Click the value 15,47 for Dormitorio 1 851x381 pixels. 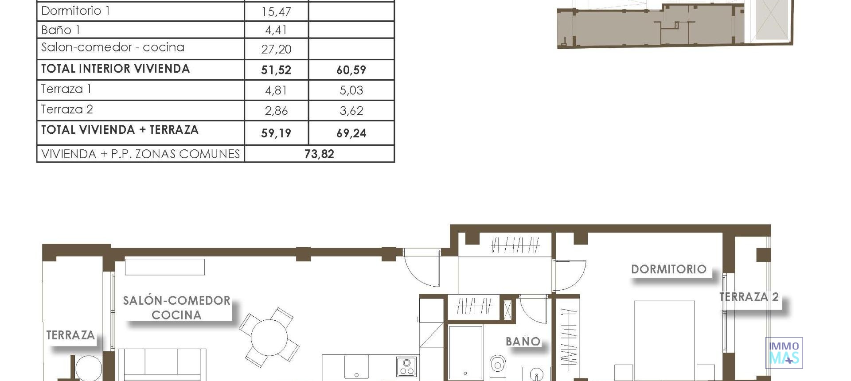click(276, 12)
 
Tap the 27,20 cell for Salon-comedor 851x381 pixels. click(276, 49)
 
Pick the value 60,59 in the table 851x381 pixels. click(351, 70)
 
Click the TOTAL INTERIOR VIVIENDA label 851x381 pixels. click(115, 69)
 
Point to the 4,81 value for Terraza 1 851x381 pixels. click(276, 90)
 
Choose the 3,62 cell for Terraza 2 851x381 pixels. click(351, 111)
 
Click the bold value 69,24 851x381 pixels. click(351, 133)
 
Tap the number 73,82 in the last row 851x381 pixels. click(319, 154)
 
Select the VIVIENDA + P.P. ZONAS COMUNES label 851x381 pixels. click(140, 154)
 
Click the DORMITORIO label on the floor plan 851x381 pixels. click(668, 269)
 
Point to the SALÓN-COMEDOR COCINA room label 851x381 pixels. click(176, 307)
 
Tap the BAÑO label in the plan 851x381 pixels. click(523, 342)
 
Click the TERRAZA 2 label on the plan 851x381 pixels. click(749, 297)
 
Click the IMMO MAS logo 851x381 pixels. click(784, 353)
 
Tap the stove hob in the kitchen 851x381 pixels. click(406, 367)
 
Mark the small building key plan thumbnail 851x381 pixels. click(674, 24)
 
